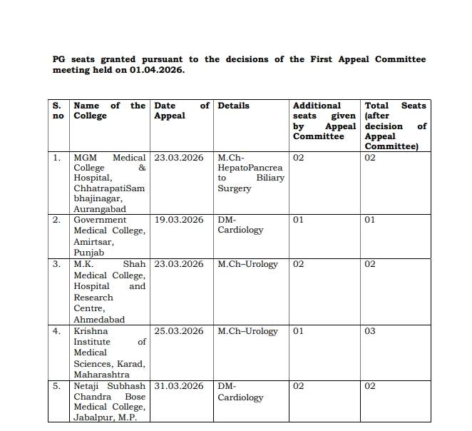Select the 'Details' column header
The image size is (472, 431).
(233, 106)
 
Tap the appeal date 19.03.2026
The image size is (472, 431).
(179, 220)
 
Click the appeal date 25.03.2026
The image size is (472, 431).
(179, 331)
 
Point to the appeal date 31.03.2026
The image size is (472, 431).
(179, 386)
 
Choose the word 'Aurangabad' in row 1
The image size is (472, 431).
(100, 209)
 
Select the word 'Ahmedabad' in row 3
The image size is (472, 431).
(100, 320)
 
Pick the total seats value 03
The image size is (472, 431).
(370, 331)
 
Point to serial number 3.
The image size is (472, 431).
(57, 264)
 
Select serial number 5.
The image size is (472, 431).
(57, 386)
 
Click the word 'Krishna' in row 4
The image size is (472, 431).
(91, 331)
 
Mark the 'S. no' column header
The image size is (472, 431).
(57, 111)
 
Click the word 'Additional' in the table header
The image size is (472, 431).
(317, 106)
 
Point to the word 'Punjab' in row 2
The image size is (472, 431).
(89, 253)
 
